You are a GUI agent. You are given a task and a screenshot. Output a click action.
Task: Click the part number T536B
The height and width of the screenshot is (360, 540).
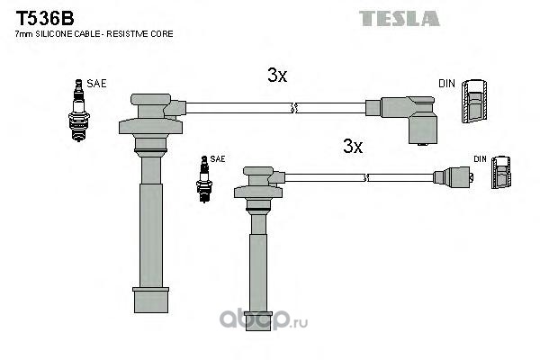point(45,18)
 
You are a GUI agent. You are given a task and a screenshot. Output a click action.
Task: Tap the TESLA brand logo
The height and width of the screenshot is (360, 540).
point(399,19)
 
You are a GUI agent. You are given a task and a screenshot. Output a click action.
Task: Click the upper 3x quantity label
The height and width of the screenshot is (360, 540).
point(277,75)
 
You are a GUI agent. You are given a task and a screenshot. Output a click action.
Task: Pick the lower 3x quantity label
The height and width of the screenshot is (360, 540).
point(353,146)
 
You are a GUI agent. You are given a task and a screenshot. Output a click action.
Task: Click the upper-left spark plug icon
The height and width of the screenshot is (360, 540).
point(79,110)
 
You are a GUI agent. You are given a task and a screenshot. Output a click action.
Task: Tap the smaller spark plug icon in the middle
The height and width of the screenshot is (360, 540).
point(204,179)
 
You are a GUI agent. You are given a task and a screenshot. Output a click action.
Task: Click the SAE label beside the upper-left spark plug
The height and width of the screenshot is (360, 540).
point(96,84)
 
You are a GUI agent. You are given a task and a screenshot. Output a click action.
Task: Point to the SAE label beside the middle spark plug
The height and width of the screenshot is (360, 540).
point(218,158)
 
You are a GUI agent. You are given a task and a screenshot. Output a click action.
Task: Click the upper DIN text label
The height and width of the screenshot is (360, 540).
point(446,84)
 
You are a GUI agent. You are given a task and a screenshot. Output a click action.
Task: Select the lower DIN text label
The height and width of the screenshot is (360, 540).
point(480,158)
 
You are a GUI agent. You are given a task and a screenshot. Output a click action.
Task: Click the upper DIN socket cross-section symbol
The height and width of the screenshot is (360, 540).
point(474,101)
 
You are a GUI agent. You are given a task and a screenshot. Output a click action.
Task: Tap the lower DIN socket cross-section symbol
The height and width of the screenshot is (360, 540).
point(501,173)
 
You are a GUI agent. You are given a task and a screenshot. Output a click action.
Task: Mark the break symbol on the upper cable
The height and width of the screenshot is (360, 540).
point(293,108)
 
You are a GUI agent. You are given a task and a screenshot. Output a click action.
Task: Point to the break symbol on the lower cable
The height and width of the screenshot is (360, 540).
point(366,178)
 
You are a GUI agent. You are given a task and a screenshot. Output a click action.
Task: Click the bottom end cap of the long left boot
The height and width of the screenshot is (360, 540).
point(151,300)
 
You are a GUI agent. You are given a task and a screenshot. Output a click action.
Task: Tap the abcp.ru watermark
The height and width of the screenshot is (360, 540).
point(264,319)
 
